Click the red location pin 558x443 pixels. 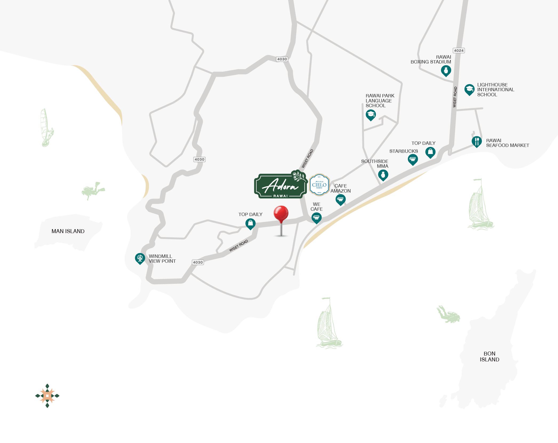pyautogui.click(x=281, y=214)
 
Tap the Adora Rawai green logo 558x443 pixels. pyautogui.click(x=280, y=186)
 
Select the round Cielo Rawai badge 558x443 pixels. pyautogui.click(x=319, y=185)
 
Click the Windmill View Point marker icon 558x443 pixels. pyautogui.click(x=140, y=258)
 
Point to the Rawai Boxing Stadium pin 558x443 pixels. pyautogui.click(x=446, y=71)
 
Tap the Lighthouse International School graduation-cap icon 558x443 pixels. pyautogui.click(x=469, y=90)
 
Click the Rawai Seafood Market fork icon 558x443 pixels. pyautogui.click(x=476, y=141)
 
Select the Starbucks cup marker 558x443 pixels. pyautogui.click(x=413, y=159)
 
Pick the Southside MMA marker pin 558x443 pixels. pyautogui.click(x=383, y=175)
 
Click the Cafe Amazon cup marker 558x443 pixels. pyautogui.click(x=340, y=199)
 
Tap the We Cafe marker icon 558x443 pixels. pyautogui.click(x=316, y=218)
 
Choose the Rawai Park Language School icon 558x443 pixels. pyautogui.click(x=371, y=115)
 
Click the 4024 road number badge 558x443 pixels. pyautogui.click(x=459, y=51)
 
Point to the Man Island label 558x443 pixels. pyautogui.click(x=68, y=231)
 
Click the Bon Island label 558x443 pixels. pyautogui.click(x=489, y=357)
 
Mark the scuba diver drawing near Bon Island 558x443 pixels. pyautogui.click(x=449, y=315)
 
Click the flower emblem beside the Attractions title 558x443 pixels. pyautogui.click(x=47, y=396)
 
